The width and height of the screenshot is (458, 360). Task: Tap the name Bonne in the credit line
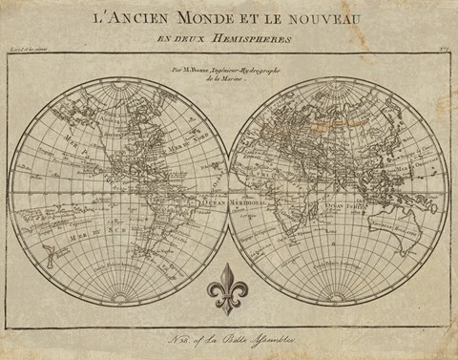pyautogui.click(x=215, y=70)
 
